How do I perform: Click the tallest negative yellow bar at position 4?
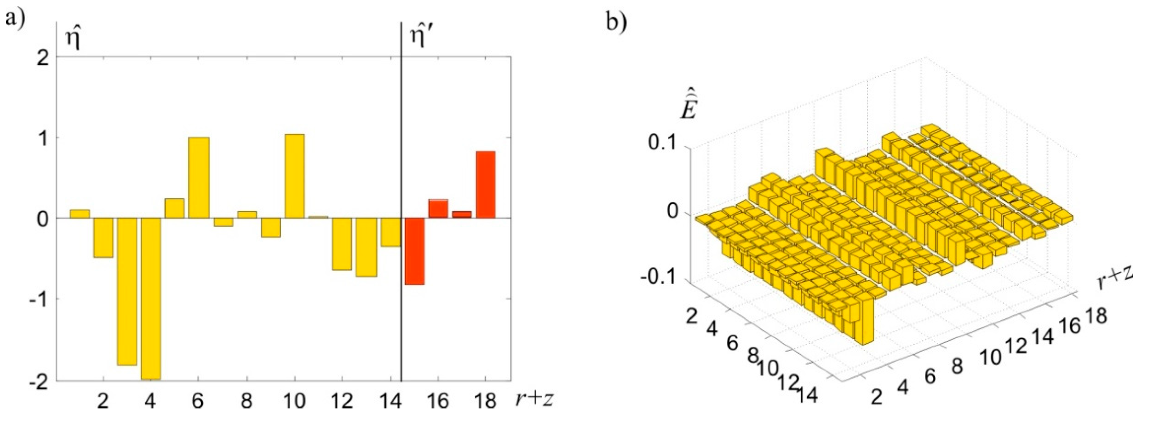(x=151, y=298)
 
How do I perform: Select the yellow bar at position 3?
(x=127, y=291)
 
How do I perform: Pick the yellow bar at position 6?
(x=199, y=178)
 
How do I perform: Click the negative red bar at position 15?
(x=414, y=251)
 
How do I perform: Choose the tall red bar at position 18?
(x=486, y=184)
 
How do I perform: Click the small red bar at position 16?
(x=438, y=208)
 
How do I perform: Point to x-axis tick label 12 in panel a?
(x=341, y=401)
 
